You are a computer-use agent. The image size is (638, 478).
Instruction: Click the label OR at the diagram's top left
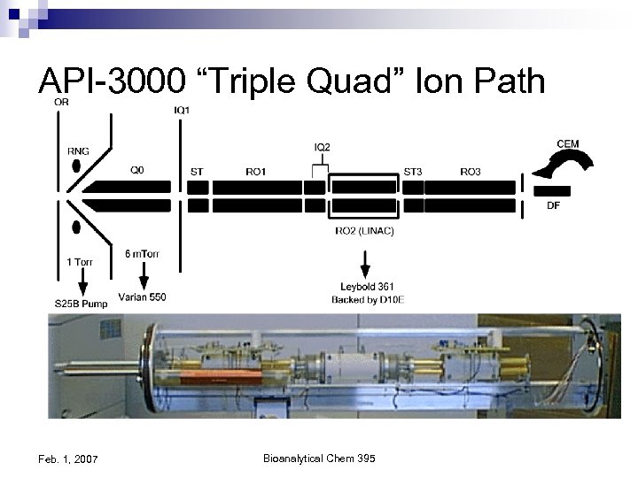61,102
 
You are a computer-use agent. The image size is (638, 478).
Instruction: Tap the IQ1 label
182,110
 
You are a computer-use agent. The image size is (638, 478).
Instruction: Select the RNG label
78,150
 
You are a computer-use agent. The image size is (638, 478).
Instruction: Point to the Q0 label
138,172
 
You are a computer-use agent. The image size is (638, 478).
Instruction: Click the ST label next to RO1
197,172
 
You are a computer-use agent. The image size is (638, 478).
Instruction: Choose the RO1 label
255,172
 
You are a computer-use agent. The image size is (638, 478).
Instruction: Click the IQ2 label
323,146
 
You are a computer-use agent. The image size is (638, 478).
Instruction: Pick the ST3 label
413,172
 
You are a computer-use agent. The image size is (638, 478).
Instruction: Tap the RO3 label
471,172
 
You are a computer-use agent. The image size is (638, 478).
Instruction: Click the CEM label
568,143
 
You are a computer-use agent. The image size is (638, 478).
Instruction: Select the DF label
553,206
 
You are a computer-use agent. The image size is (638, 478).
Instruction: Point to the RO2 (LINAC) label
364,231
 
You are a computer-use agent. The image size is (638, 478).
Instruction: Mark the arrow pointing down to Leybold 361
363,264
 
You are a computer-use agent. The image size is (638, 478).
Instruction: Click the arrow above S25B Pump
82,284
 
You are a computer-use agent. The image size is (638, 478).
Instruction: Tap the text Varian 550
143,297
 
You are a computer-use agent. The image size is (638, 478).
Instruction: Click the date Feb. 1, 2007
69,459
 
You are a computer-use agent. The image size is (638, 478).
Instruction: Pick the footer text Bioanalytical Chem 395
319,458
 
